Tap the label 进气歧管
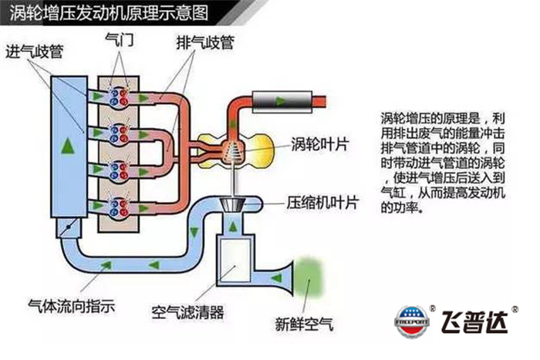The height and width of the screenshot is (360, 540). (x=34, y=52)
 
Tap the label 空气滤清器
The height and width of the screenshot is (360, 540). (x=187, y=314)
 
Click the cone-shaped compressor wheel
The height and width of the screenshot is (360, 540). (x=231, y=206)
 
